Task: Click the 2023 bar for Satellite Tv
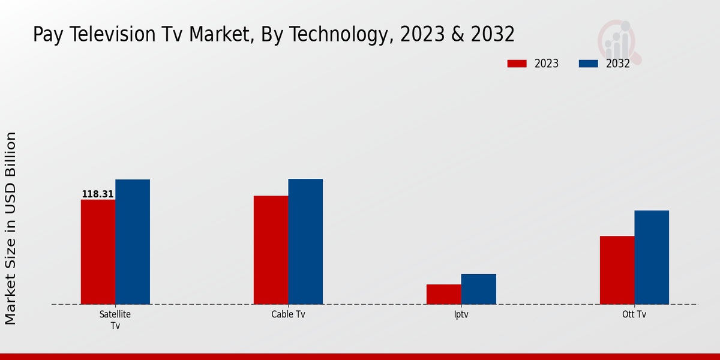tap(98, 252)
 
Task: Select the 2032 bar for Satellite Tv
tap(133, 242)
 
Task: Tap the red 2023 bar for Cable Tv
tap(271, 250)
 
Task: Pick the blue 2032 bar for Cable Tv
tap(305, 242)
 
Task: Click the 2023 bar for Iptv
tap(444, 294)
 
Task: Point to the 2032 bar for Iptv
tap(479, 289)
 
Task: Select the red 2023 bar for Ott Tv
tap(617, 270)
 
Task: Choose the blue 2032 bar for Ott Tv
tap(652, 257)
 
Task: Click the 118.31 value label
tap(98, 194)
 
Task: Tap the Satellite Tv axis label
tap(115, 320)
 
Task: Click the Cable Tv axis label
tap(288, 314)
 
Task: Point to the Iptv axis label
tap(461, 314)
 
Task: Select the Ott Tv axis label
tap(634, 314)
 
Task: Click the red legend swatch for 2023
tap(517, 64)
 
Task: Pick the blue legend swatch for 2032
tap(588, 64)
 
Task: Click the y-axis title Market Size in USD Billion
tap(11, 228)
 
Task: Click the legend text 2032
tap(617, 64)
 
